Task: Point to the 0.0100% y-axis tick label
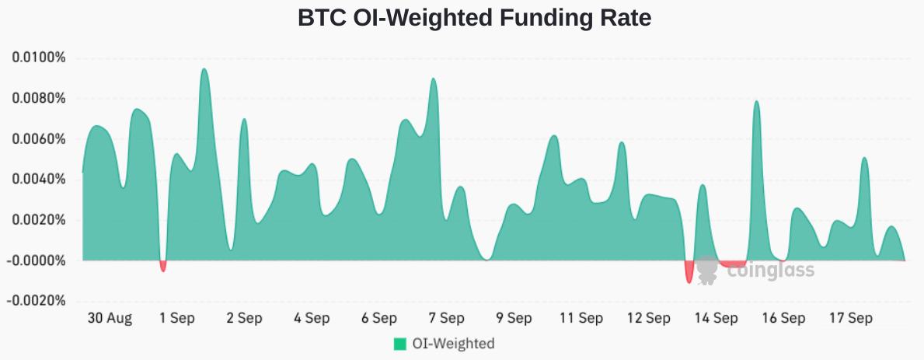pos(38,58)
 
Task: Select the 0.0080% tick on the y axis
pos(38,99)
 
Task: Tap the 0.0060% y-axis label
pos(38,139)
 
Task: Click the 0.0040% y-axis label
pos(38,180)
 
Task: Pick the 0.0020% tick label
pos(38,220)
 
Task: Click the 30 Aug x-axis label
pos(110,318)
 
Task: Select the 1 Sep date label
pos(176,318)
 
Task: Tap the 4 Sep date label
pos(312,318)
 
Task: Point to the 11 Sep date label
pos(581,318)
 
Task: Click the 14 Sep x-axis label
pos(716,318)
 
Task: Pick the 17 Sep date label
pos(850,318)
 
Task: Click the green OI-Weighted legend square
pos(400,344)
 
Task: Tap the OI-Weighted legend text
pos(454,344)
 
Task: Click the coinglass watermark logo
pos(755,270)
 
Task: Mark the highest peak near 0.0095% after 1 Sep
pos(204,70)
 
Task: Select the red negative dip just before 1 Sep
pos(163,267)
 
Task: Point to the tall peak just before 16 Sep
pos(756,102)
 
